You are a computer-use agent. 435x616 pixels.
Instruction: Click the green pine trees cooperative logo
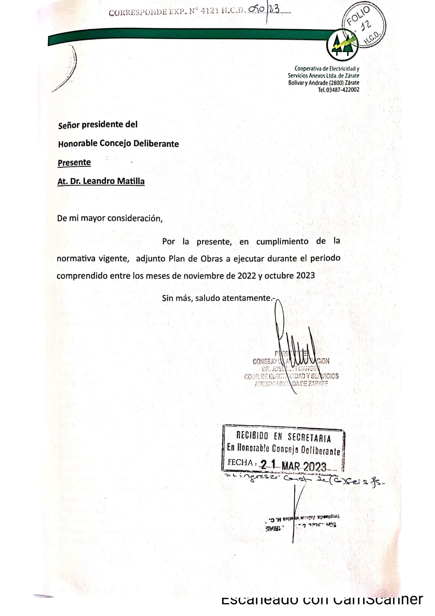tap(342, 45)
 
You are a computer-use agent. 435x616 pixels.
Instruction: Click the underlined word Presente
tap(74, 163)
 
